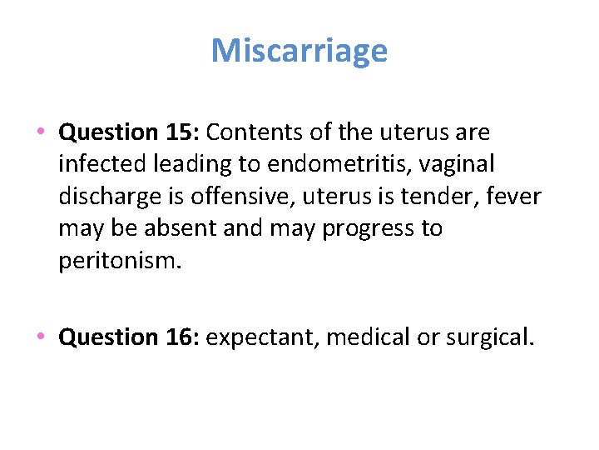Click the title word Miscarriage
tap(299, 51)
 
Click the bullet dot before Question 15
tap(41, 132)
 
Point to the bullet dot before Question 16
tap(41, 337)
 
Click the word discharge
tap(110, 197)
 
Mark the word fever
tap(515, 197)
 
